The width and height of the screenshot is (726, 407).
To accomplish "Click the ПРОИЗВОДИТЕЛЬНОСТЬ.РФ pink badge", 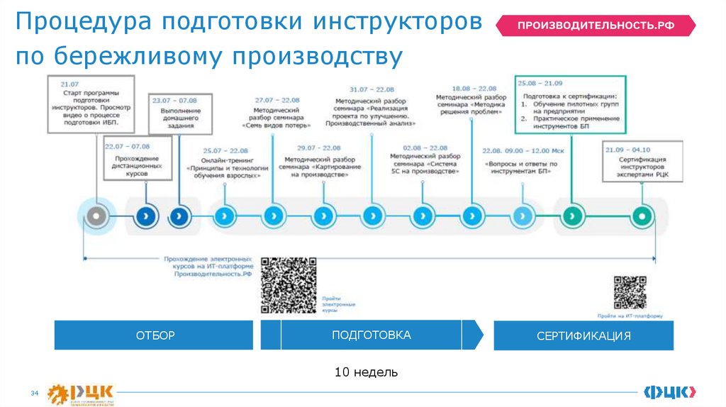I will click(x=595, y=26).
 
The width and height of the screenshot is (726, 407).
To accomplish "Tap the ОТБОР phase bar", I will click(x=154, y=335).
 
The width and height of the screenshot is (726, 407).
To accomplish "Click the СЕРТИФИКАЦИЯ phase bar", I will click(x=583, y=335).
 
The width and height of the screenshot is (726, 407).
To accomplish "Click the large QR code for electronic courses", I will click(x=289, y=285).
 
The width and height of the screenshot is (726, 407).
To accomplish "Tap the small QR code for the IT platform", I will click(x=630, y=292).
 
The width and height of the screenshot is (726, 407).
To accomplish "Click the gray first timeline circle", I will click(x=96, y=214).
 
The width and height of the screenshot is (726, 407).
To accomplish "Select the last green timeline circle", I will click(x=641, y=214).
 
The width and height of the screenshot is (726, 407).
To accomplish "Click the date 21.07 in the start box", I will click(x=69, y=84).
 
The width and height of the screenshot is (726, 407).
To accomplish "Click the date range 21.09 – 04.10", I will click(x=627, y=150).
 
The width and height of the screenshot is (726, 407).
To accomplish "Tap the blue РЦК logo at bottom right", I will click(x=669, y=391).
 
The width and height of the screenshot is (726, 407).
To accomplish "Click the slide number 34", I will click(x=33, y=394).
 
